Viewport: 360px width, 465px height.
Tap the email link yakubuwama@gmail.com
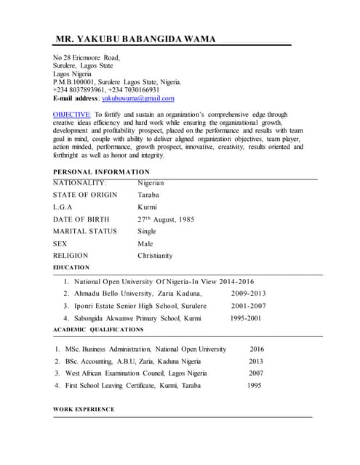[138, 98]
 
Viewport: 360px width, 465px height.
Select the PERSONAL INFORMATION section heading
[101, 172]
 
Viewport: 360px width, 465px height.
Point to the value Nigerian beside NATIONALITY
[151, 183]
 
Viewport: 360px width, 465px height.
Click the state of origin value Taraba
[148, 195]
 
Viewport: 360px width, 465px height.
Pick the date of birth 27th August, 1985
[166, 219]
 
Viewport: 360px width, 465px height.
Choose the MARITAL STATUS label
[84, 232]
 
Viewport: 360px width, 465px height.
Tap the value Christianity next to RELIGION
[155, 256]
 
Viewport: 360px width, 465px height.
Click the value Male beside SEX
[145, 244]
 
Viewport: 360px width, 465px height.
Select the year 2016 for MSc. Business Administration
[257, 349]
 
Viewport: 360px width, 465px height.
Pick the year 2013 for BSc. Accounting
[256, 361]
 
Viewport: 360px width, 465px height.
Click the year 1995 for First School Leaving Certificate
[254, 385]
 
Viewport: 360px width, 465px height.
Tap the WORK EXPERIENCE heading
[84, 409]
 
